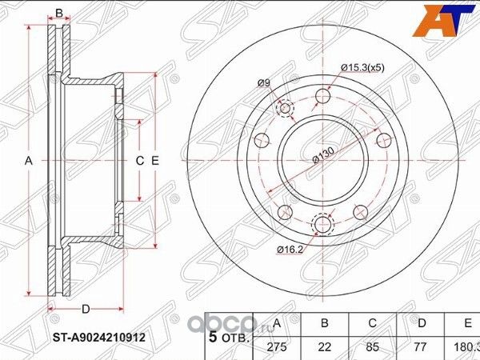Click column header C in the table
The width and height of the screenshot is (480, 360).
tap(372, 322)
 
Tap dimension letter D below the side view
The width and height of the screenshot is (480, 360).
tap(85, 309)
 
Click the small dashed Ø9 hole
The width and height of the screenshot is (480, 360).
tap(284, 110)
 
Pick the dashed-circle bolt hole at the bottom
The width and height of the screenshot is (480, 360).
tap(323, 226)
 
